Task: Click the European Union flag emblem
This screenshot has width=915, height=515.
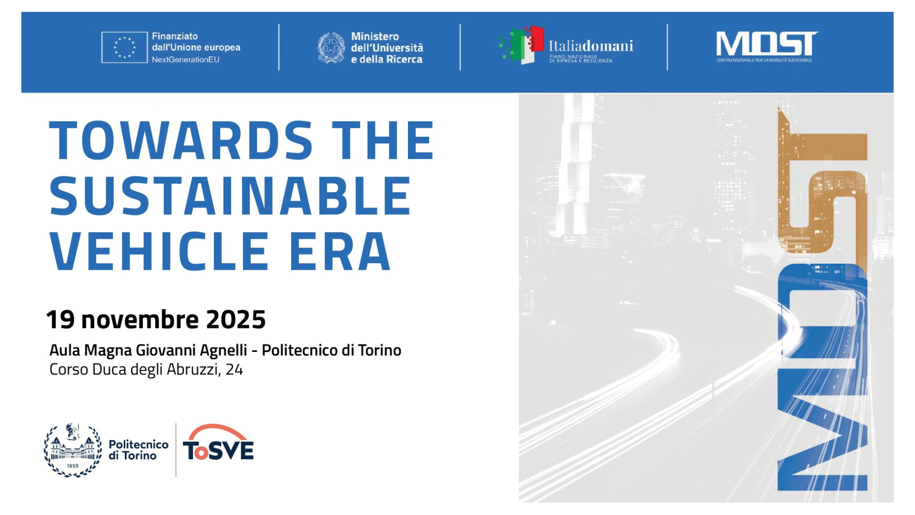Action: [124, 47]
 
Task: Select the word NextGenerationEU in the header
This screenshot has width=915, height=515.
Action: [186, 60]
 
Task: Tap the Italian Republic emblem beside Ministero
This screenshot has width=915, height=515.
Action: [331, 48]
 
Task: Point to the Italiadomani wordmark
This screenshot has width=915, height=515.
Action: [591, 46]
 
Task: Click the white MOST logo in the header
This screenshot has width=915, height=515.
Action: [767, 46]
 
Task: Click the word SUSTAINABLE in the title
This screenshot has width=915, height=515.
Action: [230, 196]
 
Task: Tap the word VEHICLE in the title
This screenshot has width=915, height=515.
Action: [160, 251]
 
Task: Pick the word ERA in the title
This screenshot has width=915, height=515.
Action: [340, 251]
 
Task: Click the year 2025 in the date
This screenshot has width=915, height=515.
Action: [236, 319]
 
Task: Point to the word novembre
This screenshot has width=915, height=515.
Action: [140, 319]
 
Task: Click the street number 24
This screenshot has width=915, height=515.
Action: [234, 369]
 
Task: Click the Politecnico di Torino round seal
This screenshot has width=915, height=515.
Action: [73, 450]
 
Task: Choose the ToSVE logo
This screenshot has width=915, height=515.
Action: [218, 443]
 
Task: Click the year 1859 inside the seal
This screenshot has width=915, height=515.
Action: [72, 466]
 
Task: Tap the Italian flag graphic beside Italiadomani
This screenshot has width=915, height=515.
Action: [521, 45]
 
